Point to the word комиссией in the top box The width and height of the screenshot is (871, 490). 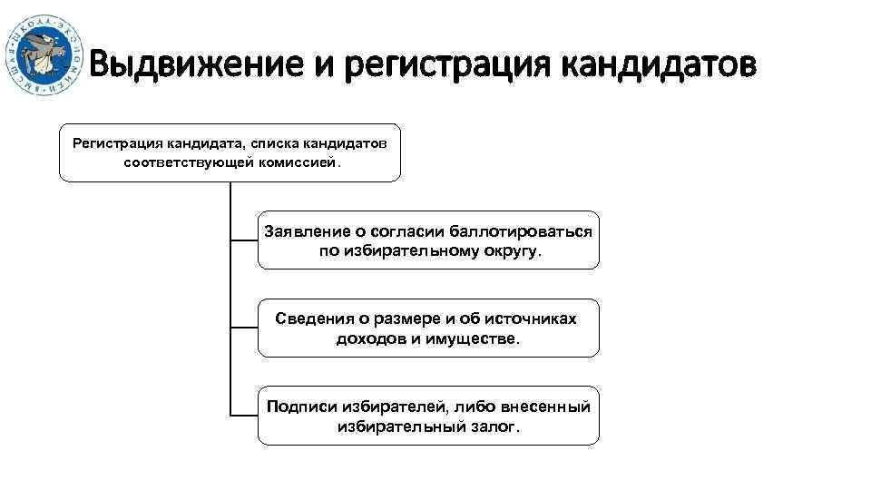coord(301,163)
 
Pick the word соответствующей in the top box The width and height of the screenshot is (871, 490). coord(190,163)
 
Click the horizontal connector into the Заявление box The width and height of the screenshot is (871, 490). coord(244,240)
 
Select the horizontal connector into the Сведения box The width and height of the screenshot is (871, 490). coord(244,328)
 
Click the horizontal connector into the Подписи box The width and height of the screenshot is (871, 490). coord(244,416)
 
